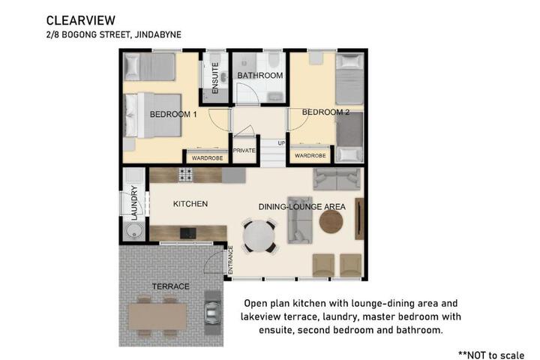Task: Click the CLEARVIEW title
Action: tap(80, 20)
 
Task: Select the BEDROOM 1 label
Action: tap(173, 114)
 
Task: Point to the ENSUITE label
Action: tap(215, 78)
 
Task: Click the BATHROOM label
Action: tap(260, 76)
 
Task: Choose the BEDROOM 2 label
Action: tap(325, 112)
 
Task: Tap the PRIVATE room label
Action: tap(244, 151)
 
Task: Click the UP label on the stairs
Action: tap(281, 143)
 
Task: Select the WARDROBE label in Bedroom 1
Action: tap(207, 158)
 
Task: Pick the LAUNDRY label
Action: tap(134, 203)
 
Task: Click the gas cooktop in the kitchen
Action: tap(185, 175)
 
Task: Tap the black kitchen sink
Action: tap(188, 233)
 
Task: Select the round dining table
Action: tap(259, 236)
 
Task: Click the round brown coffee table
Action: tap(331, 222)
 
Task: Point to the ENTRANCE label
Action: tap(230, 260)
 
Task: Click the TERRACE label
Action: tap(171, 286)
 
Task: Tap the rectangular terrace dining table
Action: tap(158, 316)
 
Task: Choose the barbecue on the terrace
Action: tap(212, 313)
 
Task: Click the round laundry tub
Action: tap(134, 230)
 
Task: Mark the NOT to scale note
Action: tap(491, 355)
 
